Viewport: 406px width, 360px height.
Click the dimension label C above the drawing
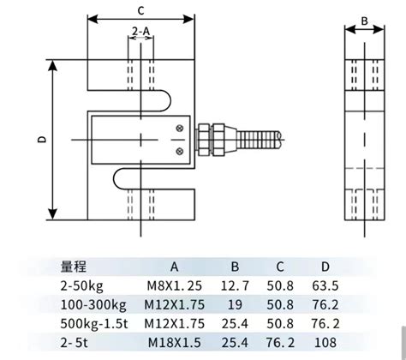click(140, 10)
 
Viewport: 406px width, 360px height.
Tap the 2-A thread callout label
click(141, 32)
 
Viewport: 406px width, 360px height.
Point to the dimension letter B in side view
click(363, 20)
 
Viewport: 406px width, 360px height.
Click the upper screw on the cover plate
click(178, 129)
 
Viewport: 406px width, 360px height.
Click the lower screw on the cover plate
click(178, 151)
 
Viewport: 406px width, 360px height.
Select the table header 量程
click(74, 267)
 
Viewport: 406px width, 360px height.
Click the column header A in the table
click(173, 267)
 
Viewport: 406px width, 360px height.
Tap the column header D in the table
click(325, 267)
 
